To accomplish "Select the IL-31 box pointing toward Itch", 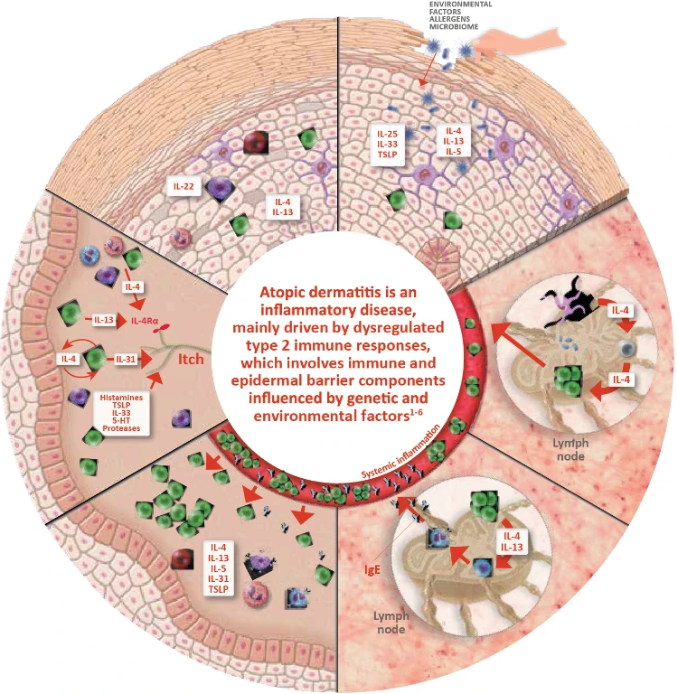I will click(x=127, y=360).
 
